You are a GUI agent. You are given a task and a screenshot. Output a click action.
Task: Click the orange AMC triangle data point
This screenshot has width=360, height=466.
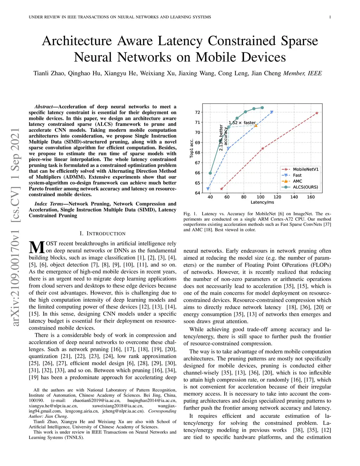coord(256,125)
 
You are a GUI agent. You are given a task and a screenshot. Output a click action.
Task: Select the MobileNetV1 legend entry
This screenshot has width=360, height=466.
coord(306,169)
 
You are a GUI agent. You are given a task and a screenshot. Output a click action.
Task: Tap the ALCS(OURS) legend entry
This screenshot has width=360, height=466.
coord(305,187)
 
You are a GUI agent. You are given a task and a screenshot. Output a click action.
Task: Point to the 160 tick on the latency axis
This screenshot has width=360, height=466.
coord(311,197)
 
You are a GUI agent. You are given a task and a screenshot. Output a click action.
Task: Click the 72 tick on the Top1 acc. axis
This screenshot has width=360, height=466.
coord(198,112)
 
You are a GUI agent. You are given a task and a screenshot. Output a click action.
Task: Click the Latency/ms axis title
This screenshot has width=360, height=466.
coord(262,202)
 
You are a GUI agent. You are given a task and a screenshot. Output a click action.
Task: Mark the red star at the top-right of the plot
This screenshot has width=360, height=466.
coord(317,113)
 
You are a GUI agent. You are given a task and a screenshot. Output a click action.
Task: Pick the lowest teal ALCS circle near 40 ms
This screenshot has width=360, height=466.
coord(210,173)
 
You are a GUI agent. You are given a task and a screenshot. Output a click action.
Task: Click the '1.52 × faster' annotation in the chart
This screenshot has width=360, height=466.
coord(242,123)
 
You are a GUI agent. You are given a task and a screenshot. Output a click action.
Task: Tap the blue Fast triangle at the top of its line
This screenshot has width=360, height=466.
coord(272,112)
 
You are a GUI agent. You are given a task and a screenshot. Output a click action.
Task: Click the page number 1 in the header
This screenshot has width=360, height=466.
coord(330,17)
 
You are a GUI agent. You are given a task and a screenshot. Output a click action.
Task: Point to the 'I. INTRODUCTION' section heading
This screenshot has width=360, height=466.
coord(102,234)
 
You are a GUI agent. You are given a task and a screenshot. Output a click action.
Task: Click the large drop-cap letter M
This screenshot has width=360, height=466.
coord(37,247)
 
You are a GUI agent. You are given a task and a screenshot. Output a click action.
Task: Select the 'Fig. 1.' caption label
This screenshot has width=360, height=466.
coord(190,213)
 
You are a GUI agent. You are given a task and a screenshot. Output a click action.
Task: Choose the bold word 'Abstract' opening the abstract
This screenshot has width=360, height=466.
coord(43,107)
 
